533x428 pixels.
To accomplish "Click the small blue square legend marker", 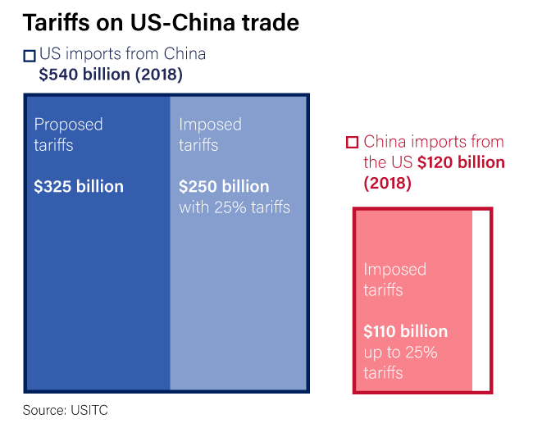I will point(30,56).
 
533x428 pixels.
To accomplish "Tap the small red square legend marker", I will point(353,142).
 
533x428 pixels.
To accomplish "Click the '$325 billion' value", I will point(79,186).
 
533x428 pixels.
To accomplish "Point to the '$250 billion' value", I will point(224,186).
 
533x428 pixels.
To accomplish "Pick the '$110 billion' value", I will point(405,331).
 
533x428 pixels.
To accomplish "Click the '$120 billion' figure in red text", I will point(461,162).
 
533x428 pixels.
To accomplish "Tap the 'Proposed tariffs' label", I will point(68,134).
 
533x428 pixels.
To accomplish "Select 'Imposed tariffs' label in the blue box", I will point(210,134).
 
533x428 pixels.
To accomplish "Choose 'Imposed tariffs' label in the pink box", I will point(394,280).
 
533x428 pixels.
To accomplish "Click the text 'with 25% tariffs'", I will point(235,207).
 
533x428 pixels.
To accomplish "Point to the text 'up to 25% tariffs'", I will point(400,362).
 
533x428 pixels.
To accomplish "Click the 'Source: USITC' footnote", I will point(66,409).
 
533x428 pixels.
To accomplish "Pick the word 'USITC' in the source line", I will point(89,409).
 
